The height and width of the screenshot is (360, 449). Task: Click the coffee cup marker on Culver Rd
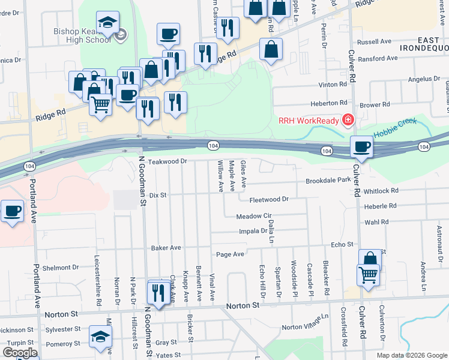(x=362, y=148)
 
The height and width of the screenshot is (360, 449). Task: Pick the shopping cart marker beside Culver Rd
(x=367, y=275)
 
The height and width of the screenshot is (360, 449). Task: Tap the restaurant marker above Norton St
(x=158, y=293)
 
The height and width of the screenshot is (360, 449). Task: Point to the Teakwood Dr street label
(x=168, y=161)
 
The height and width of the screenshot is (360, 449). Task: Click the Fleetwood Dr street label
(x=270, y=199)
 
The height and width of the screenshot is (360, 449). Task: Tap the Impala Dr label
(x=255, y=230)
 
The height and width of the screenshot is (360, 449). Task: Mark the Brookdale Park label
(x=328, y=180)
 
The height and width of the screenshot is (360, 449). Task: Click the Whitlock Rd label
(x=381, y=191)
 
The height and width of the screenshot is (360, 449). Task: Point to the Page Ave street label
(x=230, y=254)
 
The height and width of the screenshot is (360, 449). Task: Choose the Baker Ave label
(x=166, y=247)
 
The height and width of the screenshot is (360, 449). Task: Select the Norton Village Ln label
(x=306, y=322)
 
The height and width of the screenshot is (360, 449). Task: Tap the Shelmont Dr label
(x=61, y=268)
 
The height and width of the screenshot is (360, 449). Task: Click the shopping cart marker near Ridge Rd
(x=100, y=105)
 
